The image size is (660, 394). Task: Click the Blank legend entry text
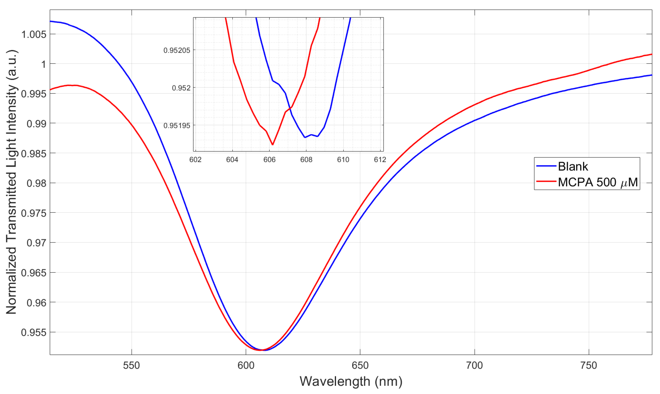coord(573,166)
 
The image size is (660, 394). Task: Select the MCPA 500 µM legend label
coord(598,182)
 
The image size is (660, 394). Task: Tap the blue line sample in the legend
coord(546,166)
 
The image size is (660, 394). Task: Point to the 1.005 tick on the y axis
coord(34,35)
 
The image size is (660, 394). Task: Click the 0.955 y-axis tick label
coord(34,332)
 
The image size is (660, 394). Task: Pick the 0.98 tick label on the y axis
coord(37,183)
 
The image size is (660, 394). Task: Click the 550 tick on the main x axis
coord(131,366)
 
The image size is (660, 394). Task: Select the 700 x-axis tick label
coord(474,366)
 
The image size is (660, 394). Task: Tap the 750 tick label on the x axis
coord(589,366)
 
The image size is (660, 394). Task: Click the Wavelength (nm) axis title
coord(351,381)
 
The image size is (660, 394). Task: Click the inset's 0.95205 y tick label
coord(177,51)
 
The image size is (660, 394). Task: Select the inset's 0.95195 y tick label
coord(177,125)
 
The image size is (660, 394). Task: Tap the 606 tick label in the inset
coord(269,160)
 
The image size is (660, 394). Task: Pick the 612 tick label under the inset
coord(380,160)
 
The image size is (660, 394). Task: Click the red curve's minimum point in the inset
coord(273,145)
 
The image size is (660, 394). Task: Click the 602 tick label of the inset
coord(196,160)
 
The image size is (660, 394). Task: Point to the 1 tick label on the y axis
coord(44,64)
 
